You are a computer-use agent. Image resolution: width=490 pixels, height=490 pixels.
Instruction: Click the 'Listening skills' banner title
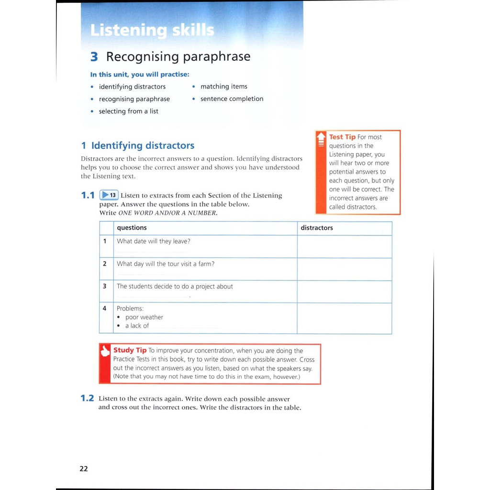click(152, 31)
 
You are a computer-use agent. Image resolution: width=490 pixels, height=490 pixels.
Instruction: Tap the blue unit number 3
click(94, 57)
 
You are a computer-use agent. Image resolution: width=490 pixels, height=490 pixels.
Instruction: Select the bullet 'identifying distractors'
click(132, 87)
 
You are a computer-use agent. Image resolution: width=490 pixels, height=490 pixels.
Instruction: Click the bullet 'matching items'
click(223, 87)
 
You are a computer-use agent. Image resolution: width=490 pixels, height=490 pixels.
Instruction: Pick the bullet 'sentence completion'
click(232, 99)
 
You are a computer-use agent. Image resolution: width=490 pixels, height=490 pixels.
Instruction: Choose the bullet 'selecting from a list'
click(128, 111)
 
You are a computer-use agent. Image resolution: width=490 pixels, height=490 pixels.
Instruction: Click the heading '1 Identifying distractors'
click(138, 145)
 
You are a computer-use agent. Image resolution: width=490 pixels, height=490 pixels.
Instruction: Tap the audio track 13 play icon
click(109, 195)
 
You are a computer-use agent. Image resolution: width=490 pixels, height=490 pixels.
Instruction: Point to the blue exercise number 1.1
click(88, 195)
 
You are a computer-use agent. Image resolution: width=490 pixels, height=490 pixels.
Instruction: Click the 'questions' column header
click(132, 228)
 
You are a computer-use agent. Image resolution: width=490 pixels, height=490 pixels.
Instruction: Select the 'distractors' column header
click(316, 228)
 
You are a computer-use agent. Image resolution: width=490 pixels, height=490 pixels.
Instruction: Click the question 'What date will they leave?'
click(153, 241)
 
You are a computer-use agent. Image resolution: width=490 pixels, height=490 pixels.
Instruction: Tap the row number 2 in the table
click(105, 264)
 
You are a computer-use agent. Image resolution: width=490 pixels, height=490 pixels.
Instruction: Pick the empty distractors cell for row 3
click(344, 291)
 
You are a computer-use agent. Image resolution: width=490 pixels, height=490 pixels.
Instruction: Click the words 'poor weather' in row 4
click(144, 317)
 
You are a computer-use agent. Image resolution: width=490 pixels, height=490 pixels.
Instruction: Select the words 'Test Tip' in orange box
click(342, 137)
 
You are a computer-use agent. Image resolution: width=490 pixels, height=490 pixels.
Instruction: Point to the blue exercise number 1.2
click(88, 398)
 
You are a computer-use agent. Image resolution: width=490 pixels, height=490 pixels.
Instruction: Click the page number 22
click(84, 469)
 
